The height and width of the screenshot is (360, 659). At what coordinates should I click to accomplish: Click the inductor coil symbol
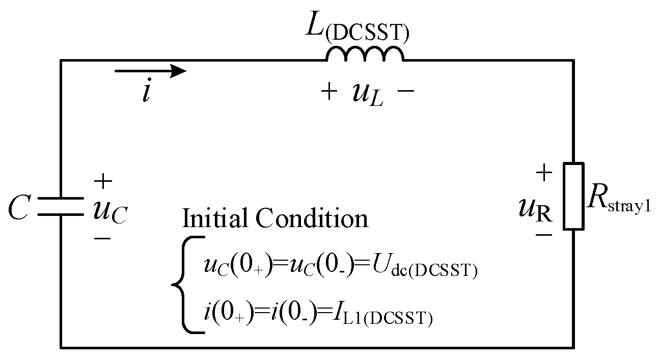tap(365, 54)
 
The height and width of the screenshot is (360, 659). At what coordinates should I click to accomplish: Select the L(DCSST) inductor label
tap(356, 28)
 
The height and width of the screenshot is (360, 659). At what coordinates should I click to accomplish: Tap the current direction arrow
tap(151, 71)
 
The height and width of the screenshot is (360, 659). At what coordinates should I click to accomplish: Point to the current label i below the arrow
tap(147, 94)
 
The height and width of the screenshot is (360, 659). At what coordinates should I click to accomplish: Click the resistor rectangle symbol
tap(573, 196)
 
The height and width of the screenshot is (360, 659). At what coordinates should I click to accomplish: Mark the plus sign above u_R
tap(544, 173)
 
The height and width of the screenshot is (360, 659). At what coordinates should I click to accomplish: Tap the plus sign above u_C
tap(103, 180)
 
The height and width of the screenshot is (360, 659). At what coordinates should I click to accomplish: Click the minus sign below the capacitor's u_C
tap(103, 238)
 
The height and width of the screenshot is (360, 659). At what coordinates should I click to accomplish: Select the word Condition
tap(312, 218)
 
